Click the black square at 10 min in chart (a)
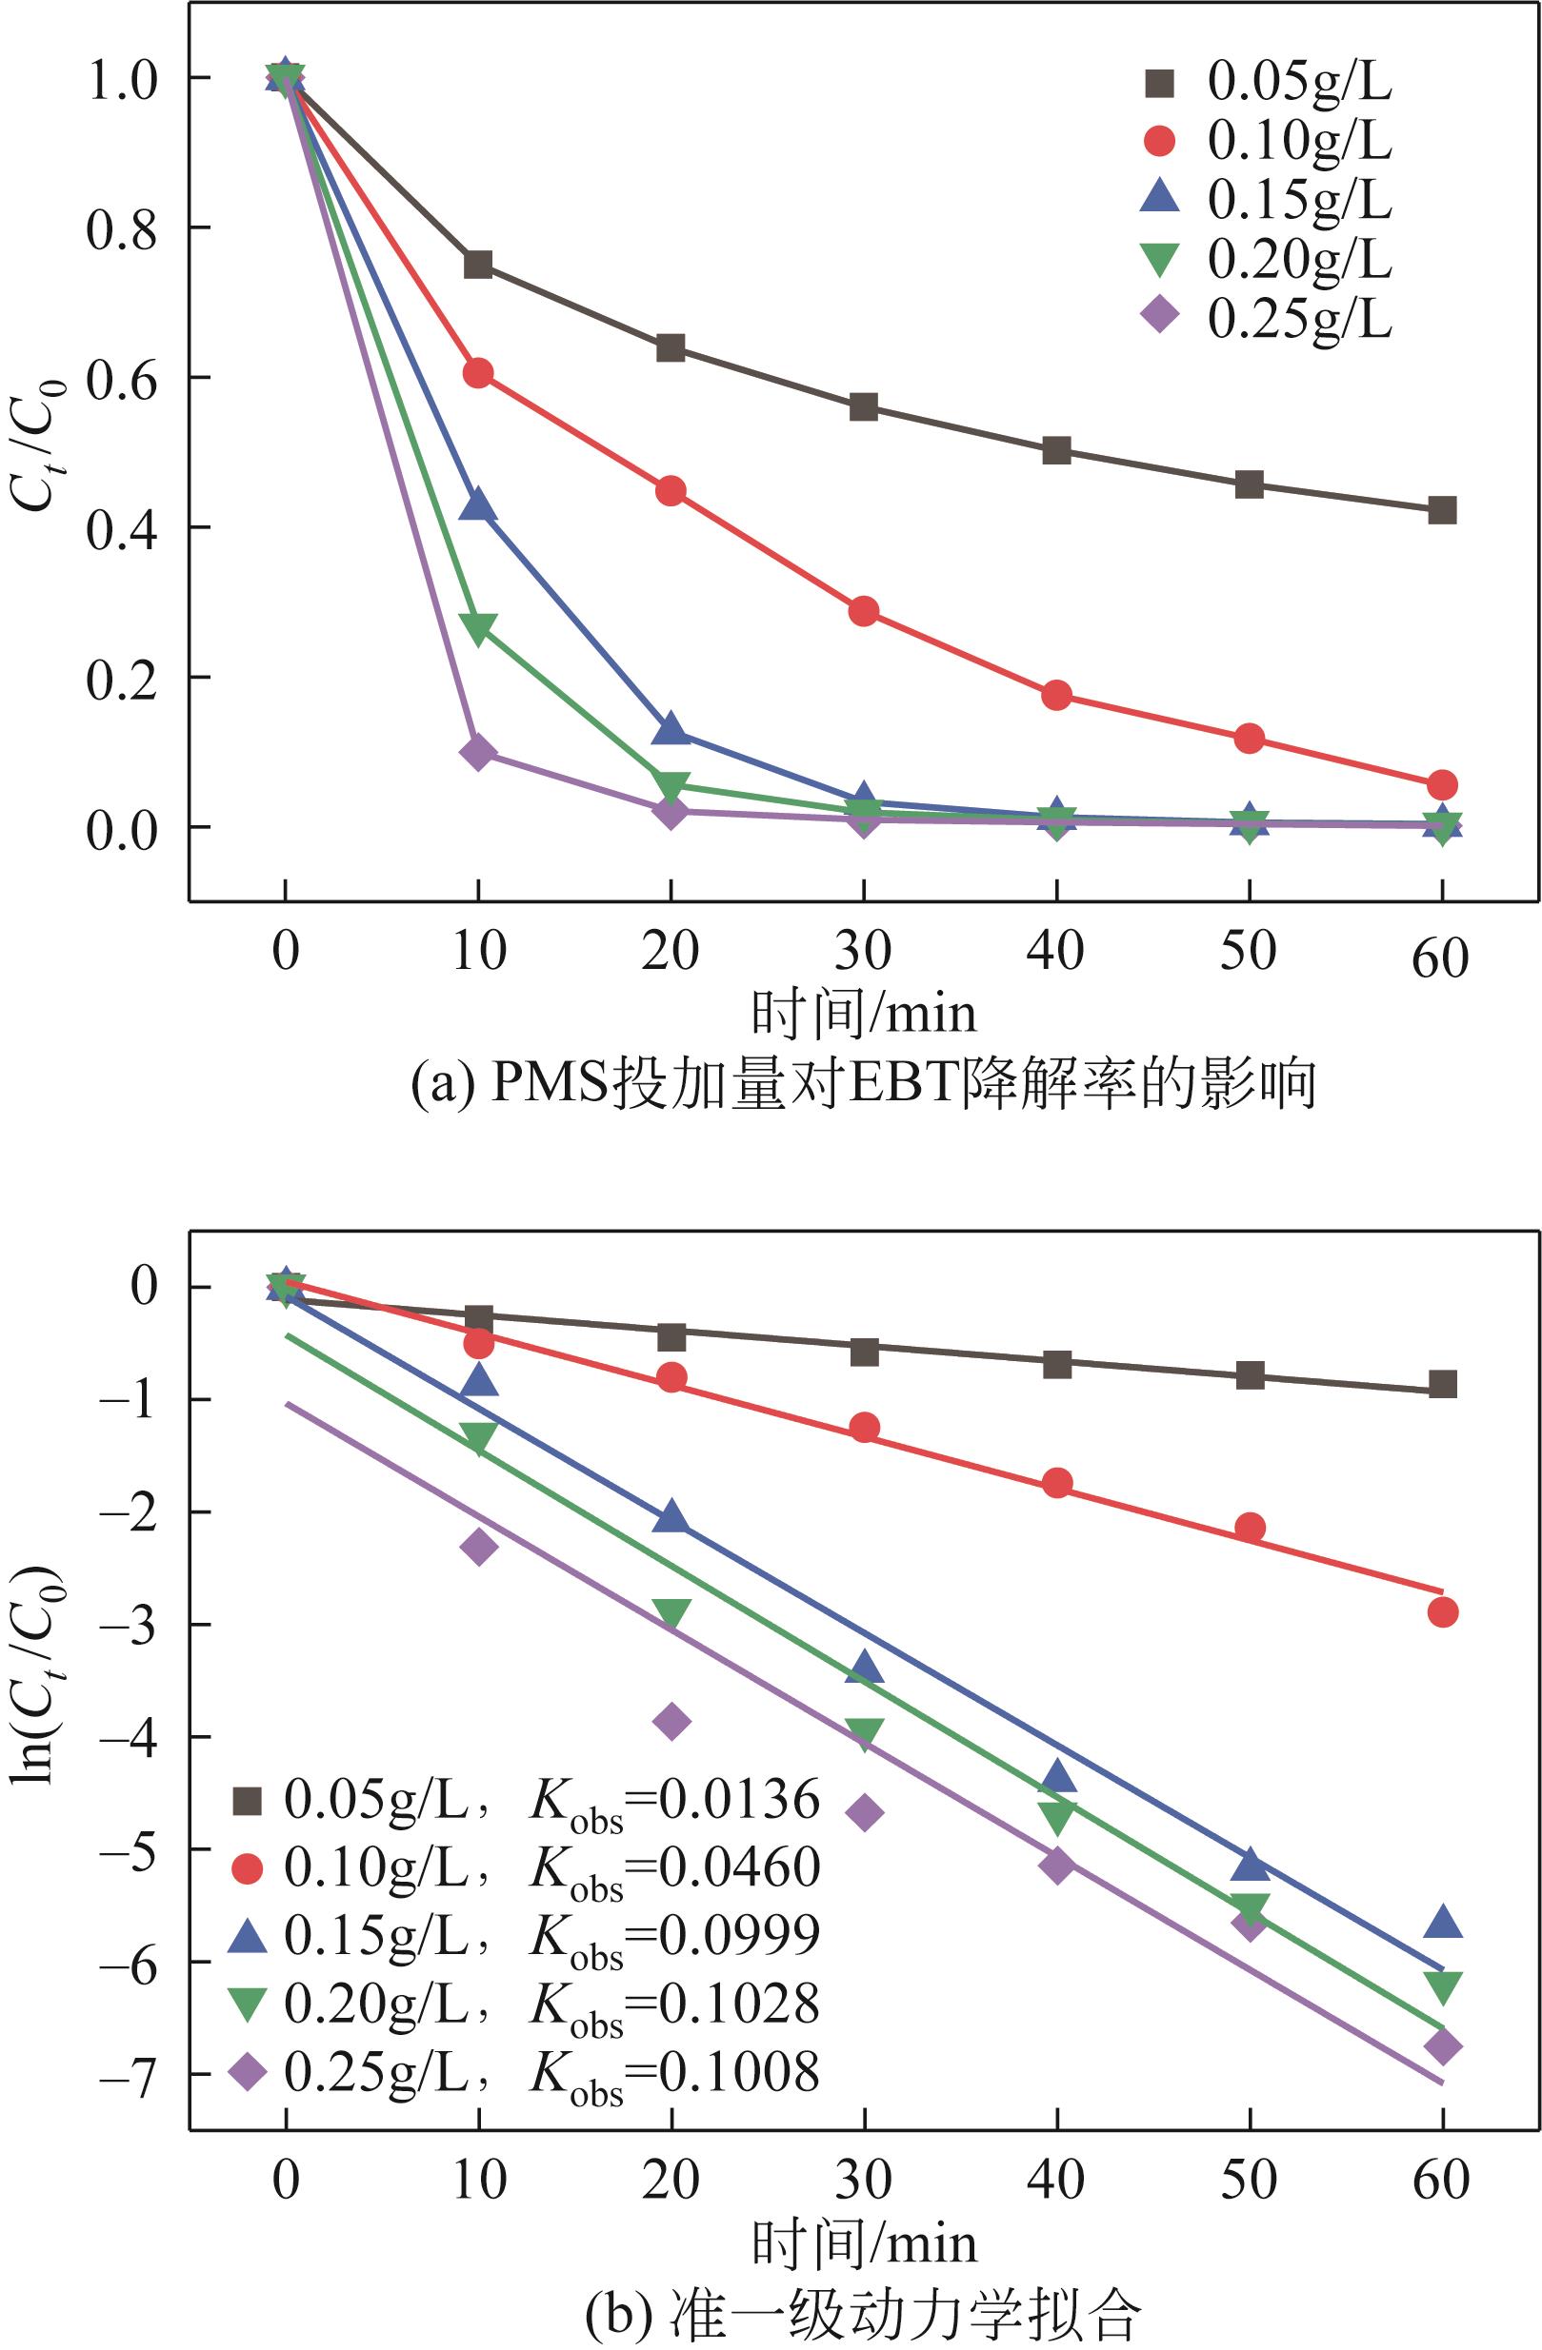(478, 265)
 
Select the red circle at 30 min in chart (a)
(863, 611)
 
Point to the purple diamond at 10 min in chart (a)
(478, 752)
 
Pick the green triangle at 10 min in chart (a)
(478, 628)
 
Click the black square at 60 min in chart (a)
(1442, 510)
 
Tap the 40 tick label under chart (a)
(1056, 952)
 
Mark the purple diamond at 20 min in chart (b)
(671, 1721)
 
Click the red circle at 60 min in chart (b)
(1442, 1612)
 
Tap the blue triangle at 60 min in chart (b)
(1442, 1922)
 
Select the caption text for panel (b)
(863, 2315)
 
